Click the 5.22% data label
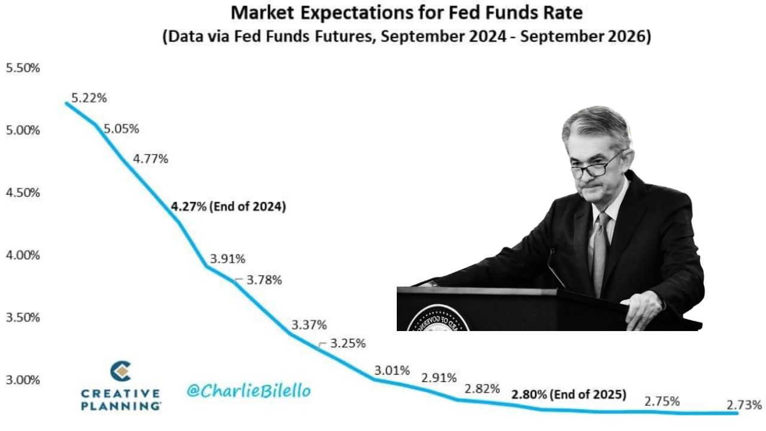(x=89, y=98)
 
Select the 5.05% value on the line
(x=121, y=129)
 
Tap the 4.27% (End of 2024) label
(x=228, y=207)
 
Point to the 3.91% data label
(x=227, y=259)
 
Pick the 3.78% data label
(x=263, y=280)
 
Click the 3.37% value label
(x=309, y=325)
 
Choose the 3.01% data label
(x=392, y=370)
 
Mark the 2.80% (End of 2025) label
(x=569, y=394)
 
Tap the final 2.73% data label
(x=744, y=405)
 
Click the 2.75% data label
(x=662, y=402)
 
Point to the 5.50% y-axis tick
(x=23, y=68)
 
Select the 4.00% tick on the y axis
(x=23, y=256)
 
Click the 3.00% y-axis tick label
(x=23, y=380)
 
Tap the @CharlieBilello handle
(x=248, y=391)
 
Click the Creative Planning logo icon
(x=121, y=372)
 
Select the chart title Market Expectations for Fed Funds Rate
(x=407, y=12)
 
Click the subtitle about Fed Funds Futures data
(x=407, y=36)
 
